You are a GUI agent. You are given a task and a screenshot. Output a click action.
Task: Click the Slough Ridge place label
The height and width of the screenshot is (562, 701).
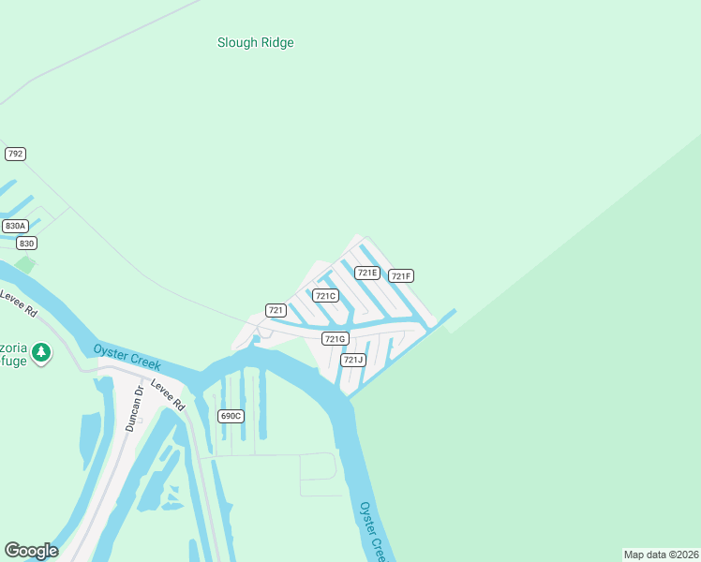(x=255, y=42)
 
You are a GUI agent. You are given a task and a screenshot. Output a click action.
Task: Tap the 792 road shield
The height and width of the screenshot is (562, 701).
(x=15, y=154)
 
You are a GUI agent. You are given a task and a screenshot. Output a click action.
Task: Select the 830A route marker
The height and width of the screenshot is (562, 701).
(x=15, y=226)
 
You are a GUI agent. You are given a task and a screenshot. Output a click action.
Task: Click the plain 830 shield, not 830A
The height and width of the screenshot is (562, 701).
(x=26, y=244)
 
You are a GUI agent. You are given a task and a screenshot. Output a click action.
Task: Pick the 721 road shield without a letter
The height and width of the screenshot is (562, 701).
(x=276, y=310)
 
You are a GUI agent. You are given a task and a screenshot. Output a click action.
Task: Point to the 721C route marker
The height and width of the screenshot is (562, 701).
(x=325, y=296)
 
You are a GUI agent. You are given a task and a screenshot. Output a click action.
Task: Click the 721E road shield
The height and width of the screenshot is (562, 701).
(x=366, y=273)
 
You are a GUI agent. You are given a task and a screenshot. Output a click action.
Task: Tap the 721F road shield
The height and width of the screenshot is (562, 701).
(x=401, y=275)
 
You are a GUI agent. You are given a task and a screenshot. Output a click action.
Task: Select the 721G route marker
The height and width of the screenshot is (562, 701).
(x=335, y=338)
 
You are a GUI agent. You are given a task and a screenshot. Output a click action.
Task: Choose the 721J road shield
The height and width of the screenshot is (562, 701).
(x=352, y=360)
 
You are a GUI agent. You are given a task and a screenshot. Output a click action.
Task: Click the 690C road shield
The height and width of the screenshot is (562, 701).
(x=231, y=415)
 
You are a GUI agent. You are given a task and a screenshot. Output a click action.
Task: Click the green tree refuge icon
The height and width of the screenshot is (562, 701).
(x=40, y=352)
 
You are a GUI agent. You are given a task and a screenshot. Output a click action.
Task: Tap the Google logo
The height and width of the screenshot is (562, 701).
(x=31, y=551)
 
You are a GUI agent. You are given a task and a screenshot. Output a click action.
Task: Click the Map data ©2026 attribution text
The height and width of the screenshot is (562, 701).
(x=661, y=555)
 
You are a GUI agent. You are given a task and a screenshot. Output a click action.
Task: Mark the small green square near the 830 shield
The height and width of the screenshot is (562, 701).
(x=25, y=265)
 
